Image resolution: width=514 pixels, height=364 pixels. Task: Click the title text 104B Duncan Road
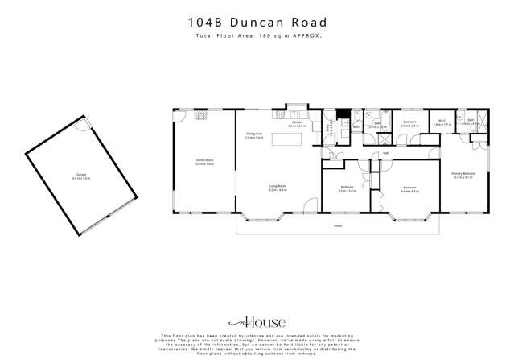(257, 24)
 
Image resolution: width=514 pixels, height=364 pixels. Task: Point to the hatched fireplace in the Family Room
(200, 115)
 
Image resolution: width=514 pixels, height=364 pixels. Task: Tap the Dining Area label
(254, 136)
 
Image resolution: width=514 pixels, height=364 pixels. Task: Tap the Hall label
(385, 152)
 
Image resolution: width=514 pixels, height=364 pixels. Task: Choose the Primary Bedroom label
(464, 175)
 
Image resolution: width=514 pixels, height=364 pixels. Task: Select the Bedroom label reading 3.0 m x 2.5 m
(409, 124)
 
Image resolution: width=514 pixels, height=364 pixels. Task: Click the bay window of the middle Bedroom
(410, 217)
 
